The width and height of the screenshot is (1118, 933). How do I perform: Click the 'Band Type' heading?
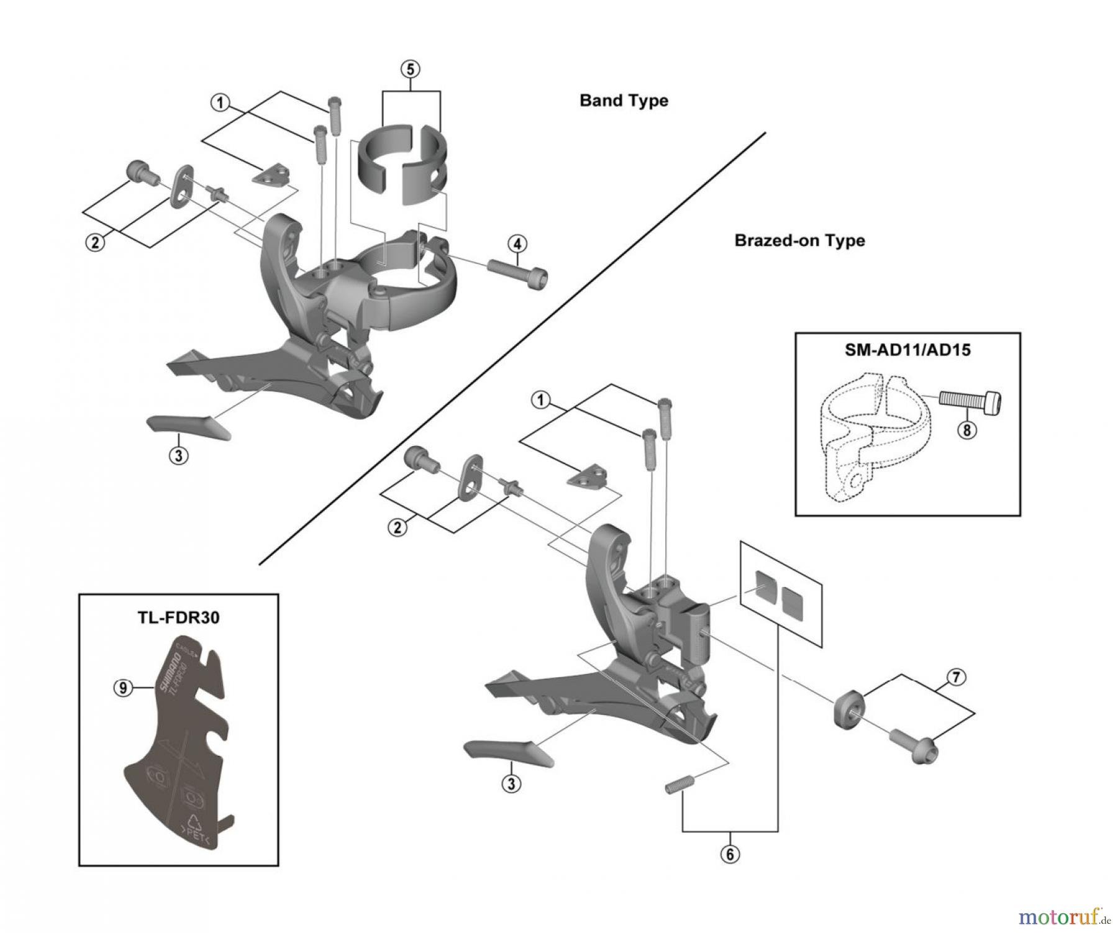click(624, 101)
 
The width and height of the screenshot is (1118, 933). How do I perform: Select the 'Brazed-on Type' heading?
click(799, 240)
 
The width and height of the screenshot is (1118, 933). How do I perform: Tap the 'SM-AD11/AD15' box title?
click(907, 350)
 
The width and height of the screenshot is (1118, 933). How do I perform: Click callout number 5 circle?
click(410, 69)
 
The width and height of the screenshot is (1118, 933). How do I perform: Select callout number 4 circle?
click(517, 243)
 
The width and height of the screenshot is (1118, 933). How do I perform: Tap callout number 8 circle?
click(966, 430)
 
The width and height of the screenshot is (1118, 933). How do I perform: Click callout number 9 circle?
click(123, 688)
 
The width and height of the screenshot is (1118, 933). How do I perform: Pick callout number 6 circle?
click(730, 854)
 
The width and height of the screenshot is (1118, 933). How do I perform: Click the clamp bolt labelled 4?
click(517, 274)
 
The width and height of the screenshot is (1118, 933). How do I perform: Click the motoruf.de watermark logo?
click(1063, 916)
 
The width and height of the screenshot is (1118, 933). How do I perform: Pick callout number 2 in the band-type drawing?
click(95, 242)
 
